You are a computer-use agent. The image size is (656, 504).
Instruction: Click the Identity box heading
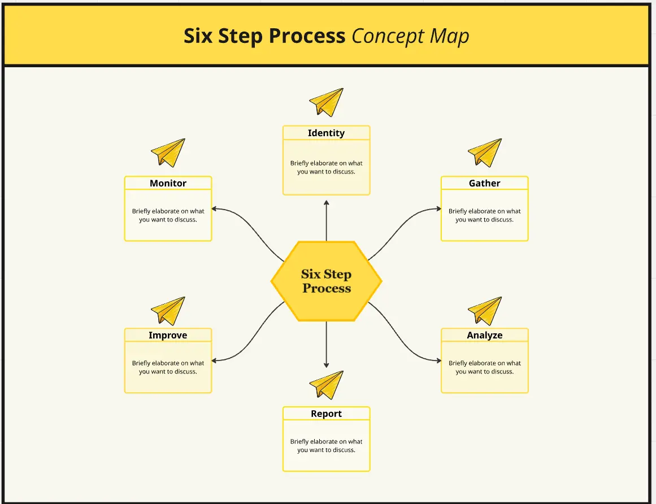tap(326, 133)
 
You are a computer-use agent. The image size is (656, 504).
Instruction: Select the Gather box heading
tap(484, 183)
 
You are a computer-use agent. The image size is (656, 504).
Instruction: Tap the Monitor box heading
tap(168, 183)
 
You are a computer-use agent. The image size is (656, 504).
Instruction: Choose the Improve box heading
tap(168, 335)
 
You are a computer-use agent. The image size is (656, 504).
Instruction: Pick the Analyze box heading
tap(484, 335)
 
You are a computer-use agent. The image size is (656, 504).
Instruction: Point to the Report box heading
tap(326, 414)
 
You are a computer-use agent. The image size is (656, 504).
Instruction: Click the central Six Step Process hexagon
tap(326, 281)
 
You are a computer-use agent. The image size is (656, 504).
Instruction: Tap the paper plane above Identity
tap(327, 102)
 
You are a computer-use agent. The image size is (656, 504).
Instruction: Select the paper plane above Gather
tap(485, 153)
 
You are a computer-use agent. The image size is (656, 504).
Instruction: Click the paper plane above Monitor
tap(168, 153)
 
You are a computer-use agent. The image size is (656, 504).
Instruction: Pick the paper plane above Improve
tap(168, 311)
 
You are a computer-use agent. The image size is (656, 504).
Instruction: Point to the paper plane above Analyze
tap(485, 311)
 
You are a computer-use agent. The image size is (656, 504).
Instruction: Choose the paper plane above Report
tap(327, 385)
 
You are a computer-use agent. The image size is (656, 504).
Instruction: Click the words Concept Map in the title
tap(410, 36)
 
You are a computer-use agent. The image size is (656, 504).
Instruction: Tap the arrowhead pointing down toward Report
tap(326, 364)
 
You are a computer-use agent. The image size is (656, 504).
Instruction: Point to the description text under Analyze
tap(484, 367)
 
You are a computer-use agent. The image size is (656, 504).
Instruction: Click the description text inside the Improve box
tap(168, 367)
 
